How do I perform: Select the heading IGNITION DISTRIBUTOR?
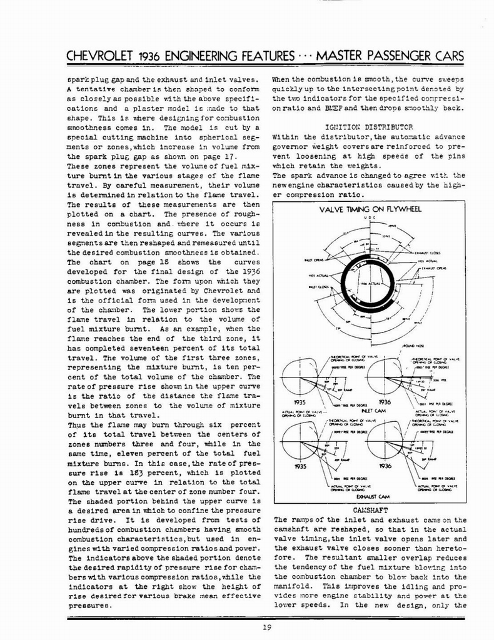tap(370, 126)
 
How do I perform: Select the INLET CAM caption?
tap(368, 411)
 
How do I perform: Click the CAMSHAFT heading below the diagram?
tap(368, 511)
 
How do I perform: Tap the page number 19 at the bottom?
tap(248, 629)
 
